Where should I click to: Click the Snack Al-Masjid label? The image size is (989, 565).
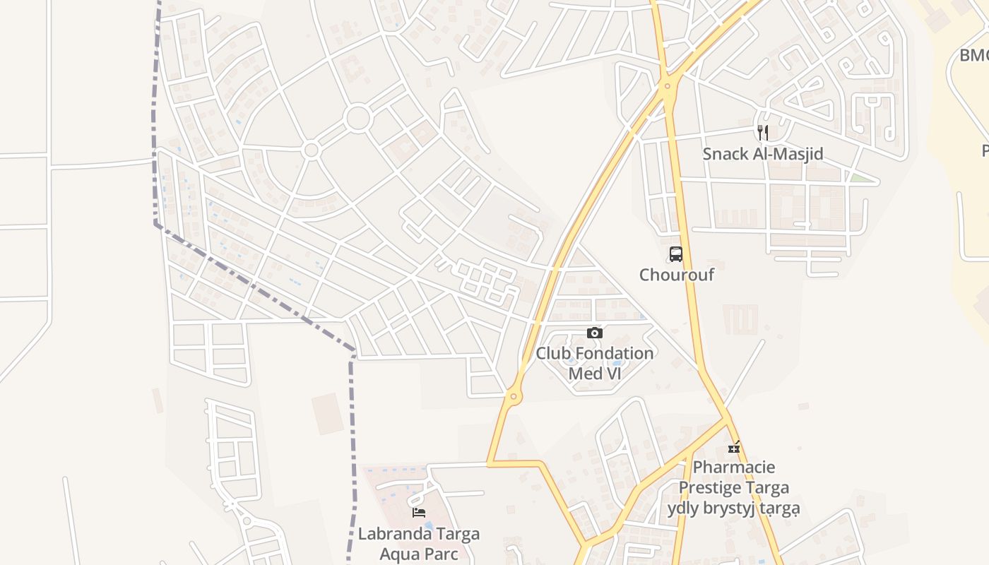763,154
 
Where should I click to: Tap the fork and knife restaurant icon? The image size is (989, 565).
763,132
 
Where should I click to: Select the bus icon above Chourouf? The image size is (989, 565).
676,254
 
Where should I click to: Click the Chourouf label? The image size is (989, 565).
677,274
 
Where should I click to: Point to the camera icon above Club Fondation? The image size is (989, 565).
595,333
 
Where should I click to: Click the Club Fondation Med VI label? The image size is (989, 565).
595,363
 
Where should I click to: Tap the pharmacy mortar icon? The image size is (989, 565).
734,447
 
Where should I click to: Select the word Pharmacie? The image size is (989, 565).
734,467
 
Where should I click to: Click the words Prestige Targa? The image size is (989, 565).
734,487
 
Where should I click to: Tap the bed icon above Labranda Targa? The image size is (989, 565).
419,512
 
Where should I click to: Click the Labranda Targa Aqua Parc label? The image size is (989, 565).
419,543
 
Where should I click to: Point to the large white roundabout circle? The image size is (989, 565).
358,118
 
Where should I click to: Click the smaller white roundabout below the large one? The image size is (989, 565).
310,150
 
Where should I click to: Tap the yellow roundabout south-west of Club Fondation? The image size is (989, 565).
514,398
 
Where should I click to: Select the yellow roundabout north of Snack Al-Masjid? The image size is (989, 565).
667,88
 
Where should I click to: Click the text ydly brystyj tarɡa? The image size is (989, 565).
734,508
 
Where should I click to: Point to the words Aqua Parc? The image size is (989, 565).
419,554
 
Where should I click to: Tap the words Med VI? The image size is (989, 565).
595,373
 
